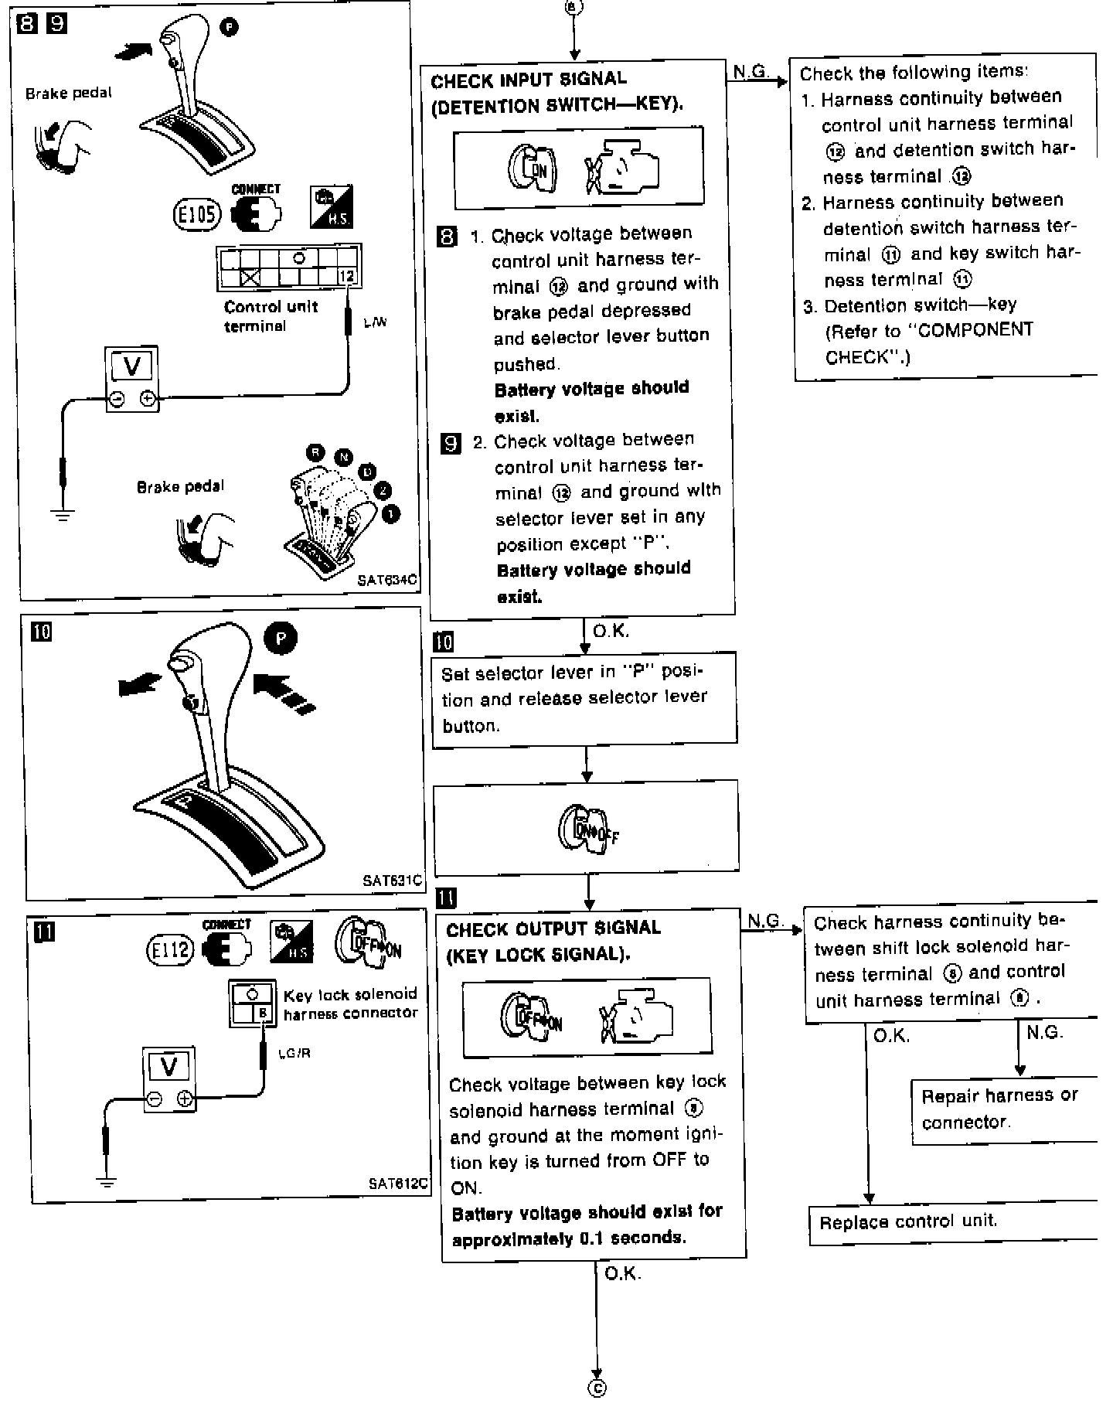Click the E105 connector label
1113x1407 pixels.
196,215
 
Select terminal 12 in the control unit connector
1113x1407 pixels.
347,276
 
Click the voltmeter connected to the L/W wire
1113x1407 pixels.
132,379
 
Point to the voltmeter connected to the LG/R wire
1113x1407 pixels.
168,1080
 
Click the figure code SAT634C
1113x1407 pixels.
387,579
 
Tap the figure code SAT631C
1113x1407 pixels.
392,880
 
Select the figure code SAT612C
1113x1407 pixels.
398,1184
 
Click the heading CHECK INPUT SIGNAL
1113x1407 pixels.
529,79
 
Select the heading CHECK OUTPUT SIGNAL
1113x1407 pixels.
553,928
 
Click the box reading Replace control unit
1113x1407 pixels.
908,1222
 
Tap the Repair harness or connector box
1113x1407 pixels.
999,1109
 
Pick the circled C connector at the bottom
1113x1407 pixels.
597,1388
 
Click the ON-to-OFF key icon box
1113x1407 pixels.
586,826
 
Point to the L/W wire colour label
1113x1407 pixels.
375,322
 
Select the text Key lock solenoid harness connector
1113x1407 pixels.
350,1003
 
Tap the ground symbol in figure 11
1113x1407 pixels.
107,1180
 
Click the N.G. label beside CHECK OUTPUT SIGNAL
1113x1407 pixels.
765,921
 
